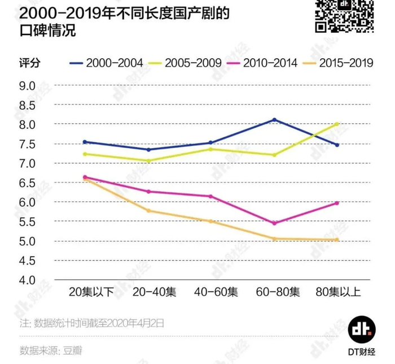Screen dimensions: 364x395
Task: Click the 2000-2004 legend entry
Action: tap(107, 63)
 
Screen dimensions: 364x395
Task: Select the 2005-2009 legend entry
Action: tap(186, 63)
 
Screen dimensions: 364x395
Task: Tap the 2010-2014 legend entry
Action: tap(265, 63)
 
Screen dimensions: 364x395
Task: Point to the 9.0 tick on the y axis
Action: tap(28, 85)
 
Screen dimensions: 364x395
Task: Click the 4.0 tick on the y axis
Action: tap(28, 280)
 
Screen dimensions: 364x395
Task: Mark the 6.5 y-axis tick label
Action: tap(28, 183)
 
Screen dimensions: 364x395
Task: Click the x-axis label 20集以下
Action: tap(91, 292)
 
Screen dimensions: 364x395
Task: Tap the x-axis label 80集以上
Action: tap(337, 292)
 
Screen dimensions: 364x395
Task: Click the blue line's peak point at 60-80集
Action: tap(275, 119)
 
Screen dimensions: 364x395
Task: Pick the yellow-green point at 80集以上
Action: tap(337, 124)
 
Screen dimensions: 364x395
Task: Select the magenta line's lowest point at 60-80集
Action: tap(275, 223)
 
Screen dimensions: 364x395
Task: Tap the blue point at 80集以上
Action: tap(337, 145)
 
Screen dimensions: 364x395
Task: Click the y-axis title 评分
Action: tap(26, 63)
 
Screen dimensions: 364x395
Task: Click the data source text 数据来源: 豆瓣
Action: tap(51, 350)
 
